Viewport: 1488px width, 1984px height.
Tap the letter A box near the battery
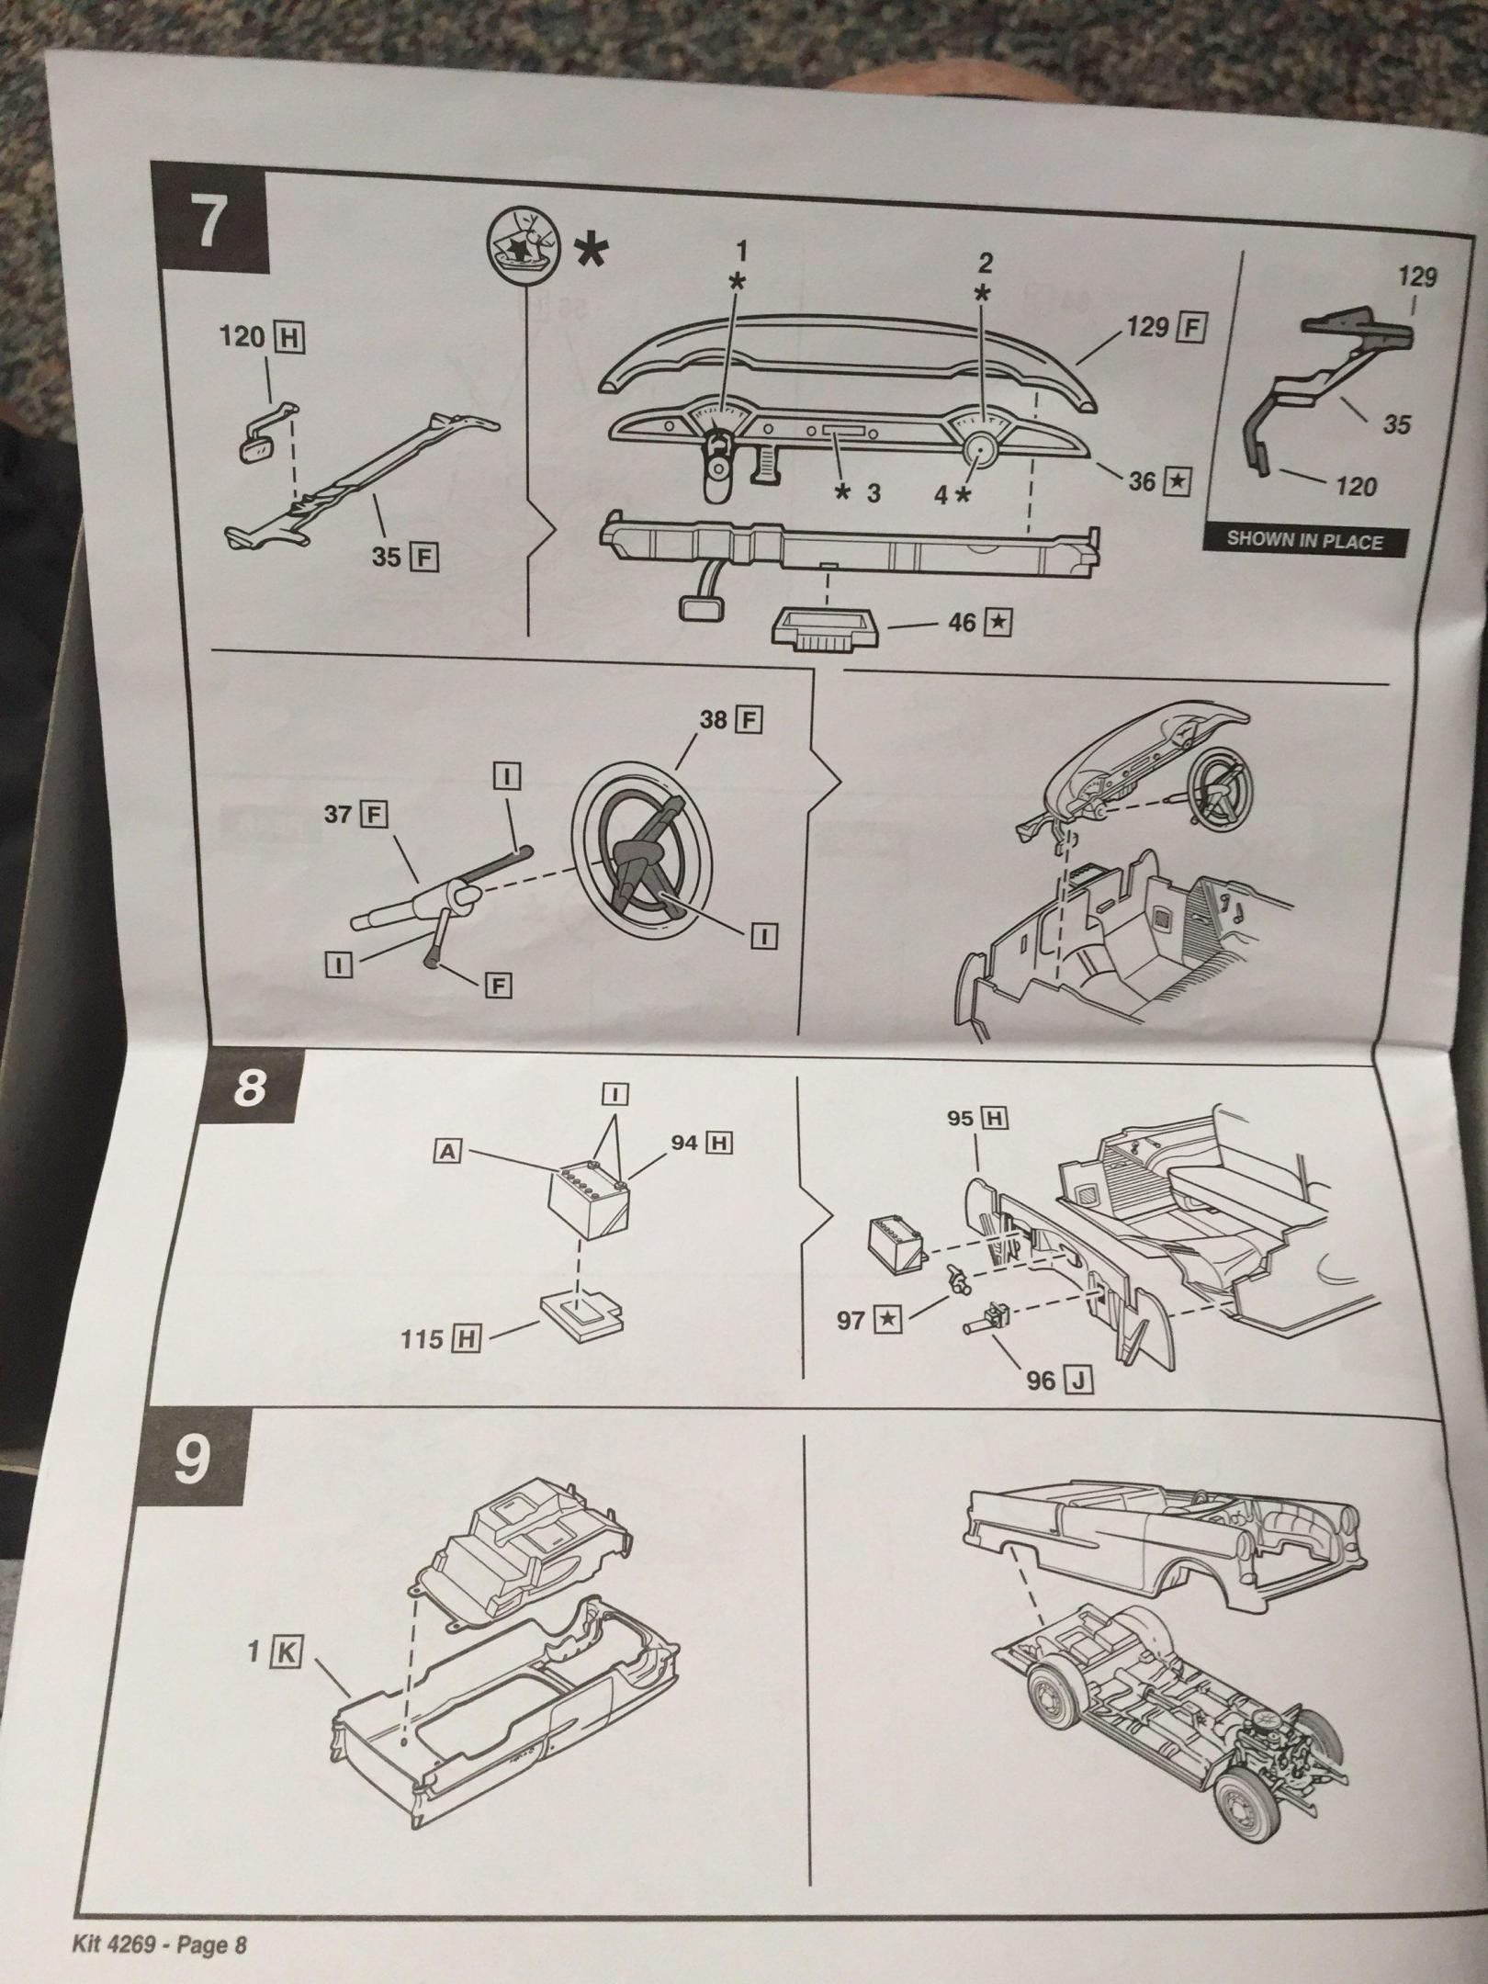coord(447,1151)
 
